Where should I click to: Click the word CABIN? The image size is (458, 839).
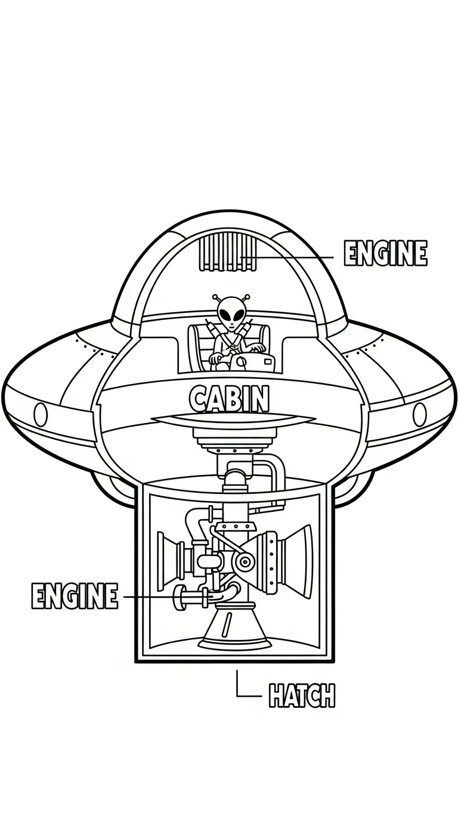(229, 399)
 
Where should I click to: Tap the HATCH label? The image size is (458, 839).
(302, 695)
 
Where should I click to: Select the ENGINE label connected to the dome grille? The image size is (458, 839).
(385, 254)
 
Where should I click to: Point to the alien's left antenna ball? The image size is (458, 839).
(215, 296)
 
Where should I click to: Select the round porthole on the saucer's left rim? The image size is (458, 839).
(41, 413)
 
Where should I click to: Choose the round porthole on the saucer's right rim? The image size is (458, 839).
(420, 413)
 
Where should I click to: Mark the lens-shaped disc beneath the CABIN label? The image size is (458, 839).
(233, 421)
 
